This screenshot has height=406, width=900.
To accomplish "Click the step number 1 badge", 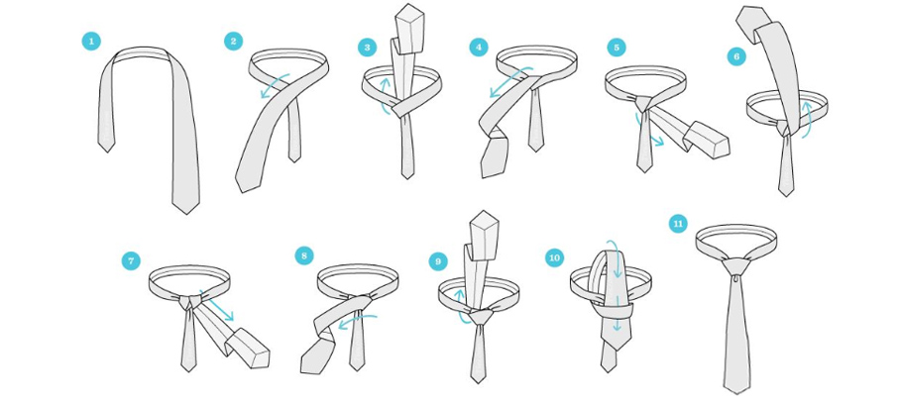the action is point(91,42).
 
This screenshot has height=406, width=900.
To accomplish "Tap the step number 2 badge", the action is point(233,42).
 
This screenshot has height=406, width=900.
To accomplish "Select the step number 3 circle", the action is point(368,48).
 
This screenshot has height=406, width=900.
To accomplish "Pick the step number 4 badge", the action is point(479,47).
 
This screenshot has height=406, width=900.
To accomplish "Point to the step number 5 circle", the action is point(617,48).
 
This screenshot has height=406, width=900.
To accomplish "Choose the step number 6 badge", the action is point(736,56).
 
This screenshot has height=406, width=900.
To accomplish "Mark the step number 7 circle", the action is point(131,260).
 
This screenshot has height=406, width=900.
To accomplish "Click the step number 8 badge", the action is point(304,255).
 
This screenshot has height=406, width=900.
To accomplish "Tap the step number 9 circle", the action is point(438,261).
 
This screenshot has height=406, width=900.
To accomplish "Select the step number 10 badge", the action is point(554,258).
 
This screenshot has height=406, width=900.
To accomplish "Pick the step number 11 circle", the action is point(678,224).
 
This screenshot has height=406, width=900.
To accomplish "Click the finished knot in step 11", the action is point(735,266).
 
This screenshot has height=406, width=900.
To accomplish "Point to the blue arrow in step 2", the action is point(275,86).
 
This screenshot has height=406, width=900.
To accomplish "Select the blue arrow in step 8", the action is point(357,321).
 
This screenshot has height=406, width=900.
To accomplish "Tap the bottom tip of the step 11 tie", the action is point(736,393).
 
